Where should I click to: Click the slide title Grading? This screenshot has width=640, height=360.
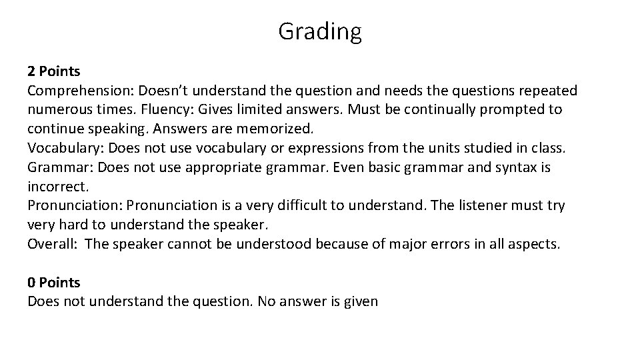click(320, 31)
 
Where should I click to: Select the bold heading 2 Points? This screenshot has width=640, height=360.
click(53, 71)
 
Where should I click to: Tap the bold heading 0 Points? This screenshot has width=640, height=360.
click(53, 283)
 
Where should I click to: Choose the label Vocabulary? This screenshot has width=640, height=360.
click(65, 148)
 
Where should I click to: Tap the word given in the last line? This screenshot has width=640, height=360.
click(361, 301)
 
